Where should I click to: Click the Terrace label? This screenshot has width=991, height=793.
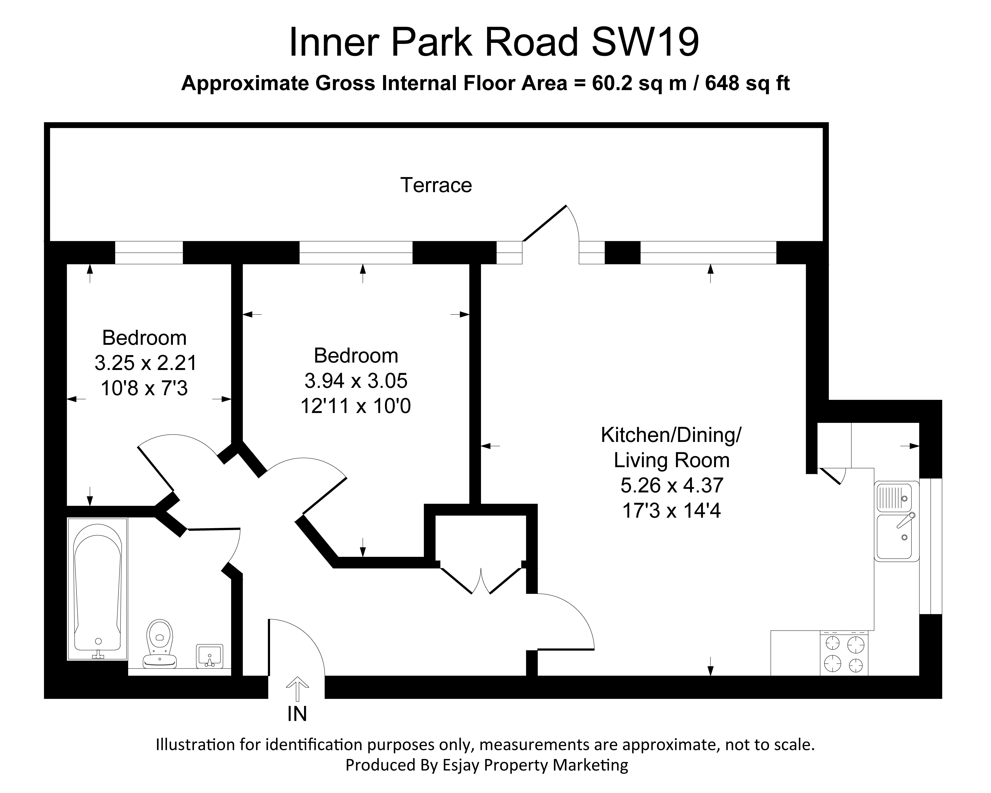(436, 185)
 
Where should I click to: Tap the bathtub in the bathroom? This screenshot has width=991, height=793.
(97, 589)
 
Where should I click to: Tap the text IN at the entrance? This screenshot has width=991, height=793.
(297, 714)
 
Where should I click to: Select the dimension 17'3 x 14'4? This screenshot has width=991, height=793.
(671, 510)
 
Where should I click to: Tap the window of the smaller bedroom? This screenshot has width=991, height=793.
(148, 252)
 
